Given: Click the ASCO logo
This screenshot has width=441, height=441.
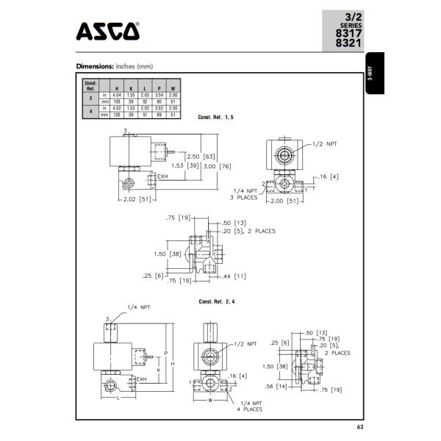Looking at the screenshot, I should pos(107,32).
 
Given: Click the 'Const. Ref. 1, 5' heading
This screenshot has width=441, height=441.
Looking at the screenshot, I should pos(216,118).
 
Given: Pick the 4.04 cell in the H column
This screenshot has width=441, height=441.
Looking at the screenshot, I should pos(117,95).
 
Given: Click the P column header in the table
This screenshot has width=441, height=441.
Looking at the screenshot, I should pos(159,88).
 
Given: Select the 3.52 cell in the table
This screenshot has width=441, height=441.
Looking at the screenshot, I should pos(159,108).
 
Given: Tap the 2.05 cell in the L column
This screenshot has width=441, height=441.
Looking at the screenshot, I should pos(146,95).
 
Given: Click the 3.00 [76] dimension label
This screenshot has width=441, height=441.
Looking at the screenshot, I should pos(203,165).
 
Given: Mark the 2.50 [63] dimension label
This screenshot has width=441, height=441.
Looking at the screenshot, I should pos(199,157).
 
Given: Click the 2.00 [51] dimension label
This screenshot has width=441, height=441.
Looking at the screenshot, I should pos(284,200).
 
